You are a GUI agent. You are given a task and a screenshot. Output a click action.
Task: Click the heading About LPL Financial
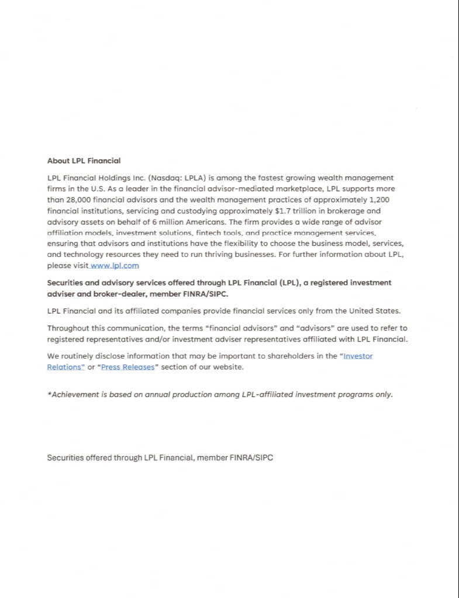pyautogui.click(x=84, y=161)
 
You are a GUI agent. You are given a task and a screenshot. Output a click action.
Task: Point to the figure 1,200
pyautogui.click(x=379, y=200)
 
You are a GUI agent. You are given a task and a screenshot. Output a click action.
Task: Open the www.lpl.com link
pyautogui.click(x=115, y=266)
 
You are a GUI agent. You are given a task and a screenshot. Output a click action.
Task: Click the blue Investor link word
pyautogui.click(x=358, y=356)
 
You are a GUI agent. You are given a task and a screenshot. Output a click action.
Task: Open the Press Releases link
pyautogui.click(x=128, y=367)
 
